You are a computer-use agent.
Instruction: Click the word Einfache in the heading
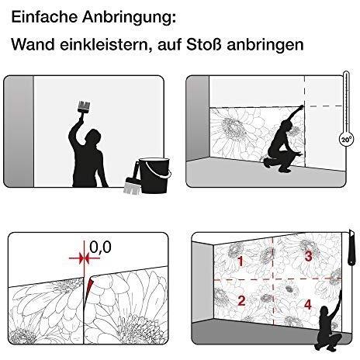[x=44, y=17]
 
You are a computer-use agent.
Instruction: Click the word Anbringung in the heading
[x=129, y=19]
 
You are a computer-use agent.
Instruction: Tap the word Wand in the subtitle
[x=33, y=44]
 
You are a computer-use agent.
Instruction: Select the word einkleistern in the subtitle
[x=106, y=45]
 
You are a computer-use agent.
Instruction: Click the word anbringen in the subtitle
[x=265, y=46]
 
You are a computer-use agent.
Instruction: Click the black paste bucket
[x=154, y=175]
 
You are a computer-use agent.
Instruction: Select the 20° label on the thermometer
[x=346, y=140]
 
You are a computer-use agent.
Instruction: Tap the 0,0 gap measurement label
[x=100, y=247]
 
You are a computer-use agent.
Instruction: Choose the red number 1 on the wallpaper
[x=241, y=261]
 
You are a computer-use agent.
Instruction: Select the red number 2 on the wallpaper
[x=241, y=300]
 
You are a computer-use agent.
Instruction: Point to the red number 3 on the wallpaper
[x=308, y=256]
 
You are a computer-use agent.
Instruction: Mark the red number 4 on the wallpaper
[x=308, y=304]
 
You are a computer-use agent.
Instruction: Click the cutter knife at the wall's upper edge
[x=351, y=247]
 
